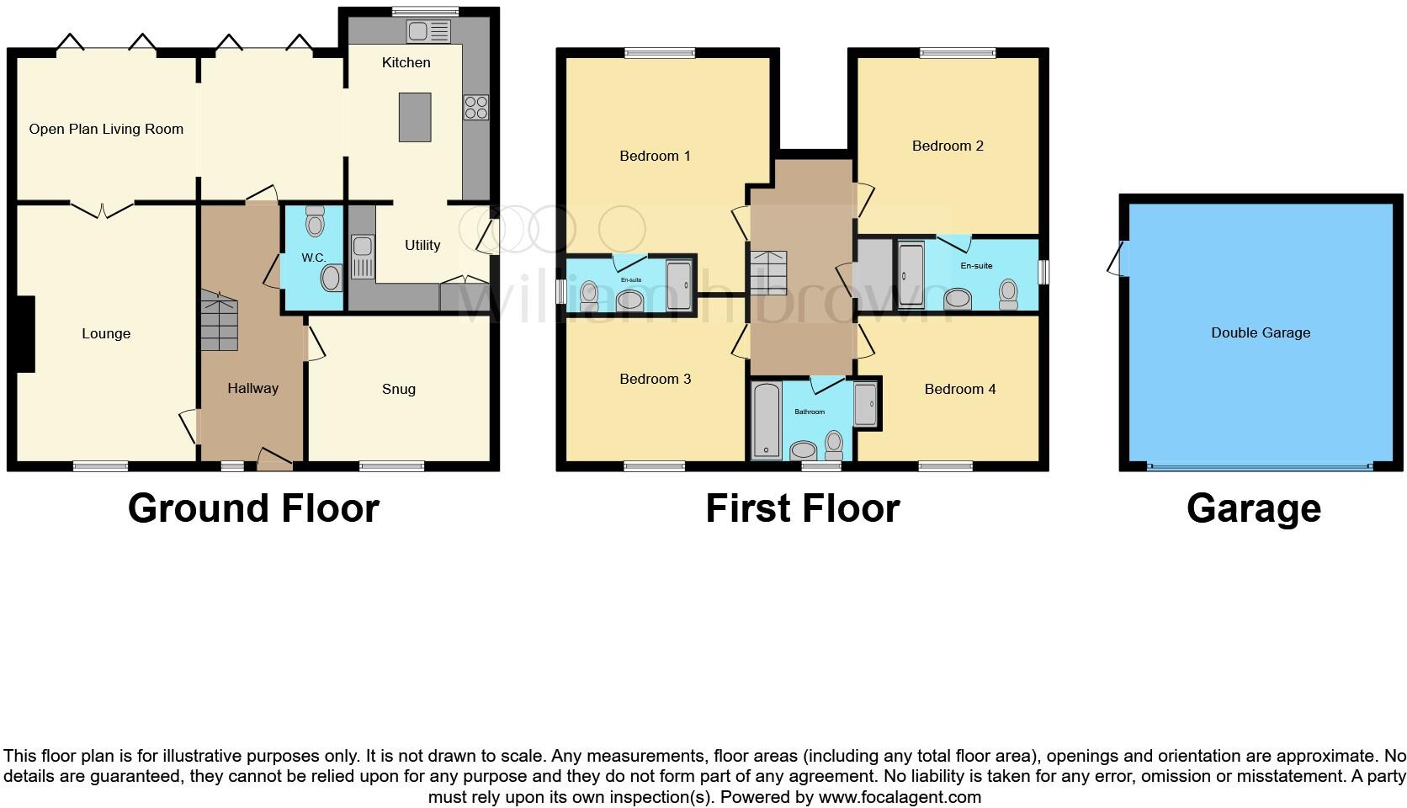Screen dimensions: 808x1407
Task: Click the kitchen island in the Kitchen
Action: [x=415, y=117]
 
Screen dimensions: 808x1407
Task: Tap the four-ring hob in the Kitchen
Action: [x=475, y=108]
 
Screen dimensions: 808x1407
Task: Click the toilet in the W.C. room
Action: [x=316, y=223]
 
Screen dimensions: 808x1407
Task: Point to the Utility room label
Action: [x=422, y=245]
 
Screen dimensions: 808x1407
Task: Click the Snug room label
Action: [x=399, y=389]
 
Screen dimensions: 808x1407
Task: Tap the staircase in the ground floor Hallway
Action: [x=219, y=322]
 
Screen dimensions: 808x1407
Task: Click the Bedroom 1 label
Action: [x=655, y=156]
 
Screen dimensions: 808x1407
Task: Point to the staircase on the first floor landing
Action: [x=767, y=272]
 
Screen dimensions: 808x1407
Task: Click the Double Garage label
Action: [x=1261, y=332]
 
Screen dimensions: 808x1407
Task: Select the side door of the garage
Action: [x=1117, y=259]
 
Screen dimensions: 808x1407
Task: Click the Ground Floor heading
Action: [x=253, y=508]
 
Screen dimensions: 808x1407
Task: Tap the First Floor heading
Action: [x=802, y=508]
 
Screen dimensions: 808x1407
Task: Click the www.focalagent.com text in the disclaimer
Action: [x=900, y=796]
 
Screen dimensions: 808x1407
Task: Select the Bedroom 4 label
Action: [x=959, y=389]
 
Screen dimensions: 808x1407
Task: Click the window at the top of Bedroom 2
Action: [x=957, y=53]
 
